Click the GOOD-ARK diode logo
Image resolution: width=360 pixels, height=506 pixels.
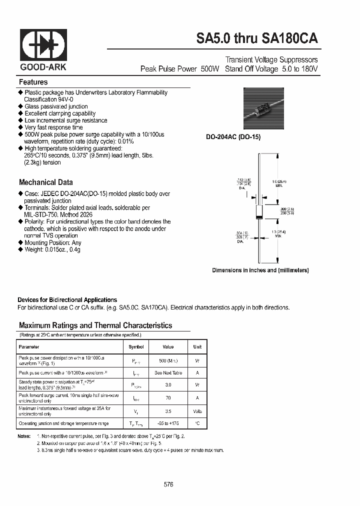coord(43,45)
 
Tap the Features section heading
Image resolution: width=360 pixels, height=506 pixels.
coord(33,82)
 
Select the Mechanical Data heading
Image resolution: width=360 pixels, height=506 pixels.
coord(45,182)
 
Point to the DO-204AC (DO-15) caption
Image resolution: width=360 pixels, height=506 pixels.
coord(233,137)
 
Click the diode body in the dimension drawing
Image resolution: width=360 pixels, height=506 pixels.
coord(258,210)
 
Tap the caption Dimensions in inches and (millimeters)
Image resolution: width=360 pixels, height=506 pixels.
coord(260,270)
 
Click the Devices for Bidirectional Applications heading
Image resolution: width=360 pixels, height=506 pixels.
coord(67,300)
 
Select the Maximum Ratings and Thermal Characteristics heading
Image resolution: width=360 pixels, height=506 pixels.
coord(95,325)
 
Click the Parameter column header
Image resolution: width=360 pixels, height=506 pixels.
coord(29,346)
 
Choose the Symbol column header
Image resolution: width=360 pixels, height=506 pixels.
coord(136,346)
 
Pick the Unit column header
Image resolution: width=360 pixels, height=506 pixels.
coord(197,346)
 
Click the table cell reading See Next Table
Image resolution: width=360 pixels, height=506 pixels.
coord(168,372)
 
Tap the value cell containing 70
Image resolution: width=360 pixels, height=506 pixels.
coord(168,398)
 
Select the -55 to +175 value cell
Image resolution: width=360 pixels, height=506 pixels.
coord(168,423)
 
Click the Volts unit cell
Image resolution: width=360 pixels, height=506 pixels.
coord(197,411)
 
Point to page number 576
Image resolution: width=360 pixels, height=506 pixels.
coord(168,484)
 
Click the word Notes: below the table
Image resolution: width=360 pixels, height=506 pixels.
coord(24,436)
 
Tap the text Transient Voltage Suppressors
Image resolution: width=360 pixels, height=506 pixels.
coord(271,59)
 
